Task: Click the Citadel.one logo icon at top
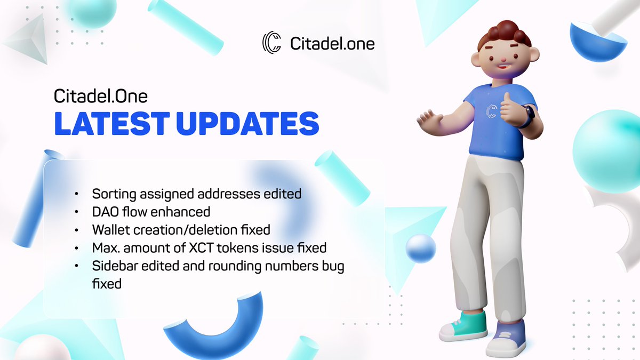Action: (272, 43)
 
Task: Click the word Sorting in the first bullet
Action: (113, 194)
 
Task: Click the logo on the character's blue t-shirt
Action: (492, 110)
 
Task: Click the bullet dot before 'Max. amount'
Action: (78, 249)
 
